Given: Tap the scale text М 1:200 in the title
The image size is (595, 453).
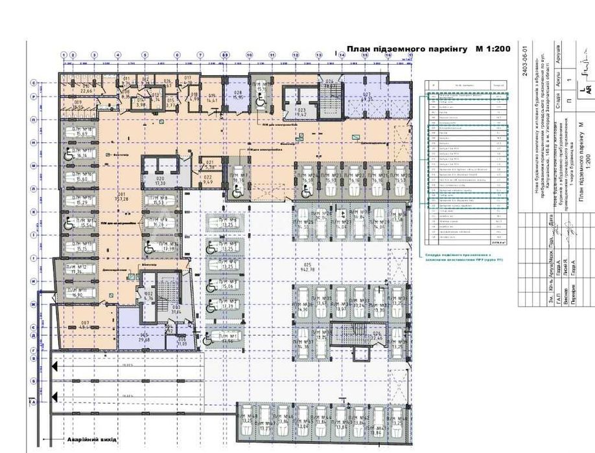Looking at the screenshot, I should pos(493,49).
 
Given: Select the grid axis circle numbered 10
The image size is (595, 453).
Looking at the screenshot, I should pos(249,55).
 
